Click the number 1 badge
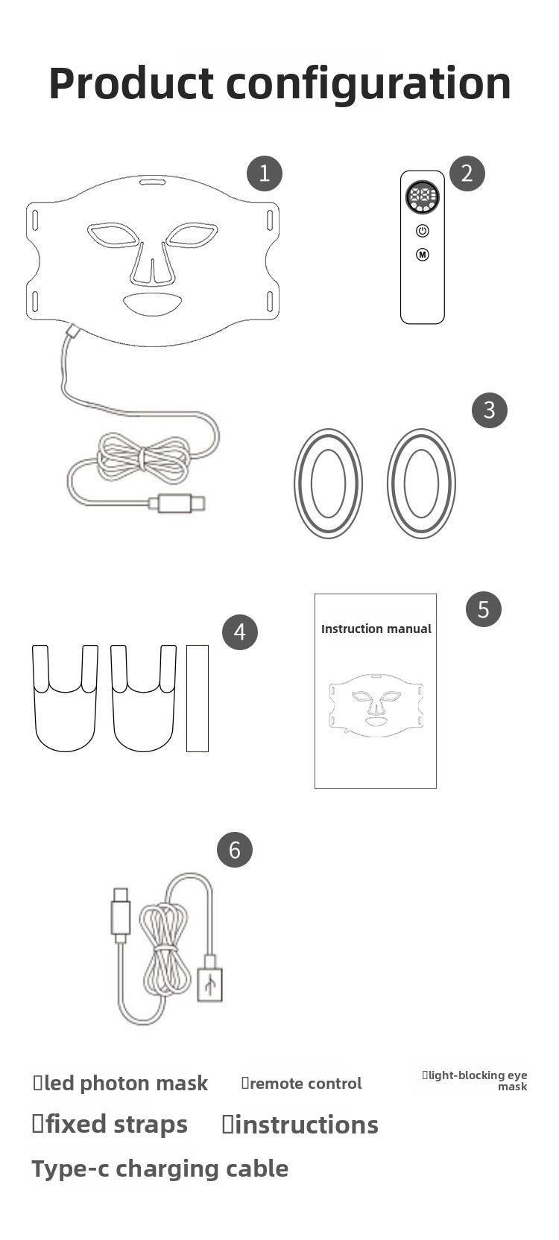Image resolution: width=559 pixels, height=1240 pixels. coord(265,174)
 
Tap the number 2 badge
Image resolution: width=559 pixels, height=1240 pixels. coord(467,174)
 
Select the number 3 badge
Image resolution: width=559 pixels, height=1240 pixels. coord(489,410)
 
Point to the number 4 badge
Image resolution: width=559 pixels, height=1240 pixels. coord(240,632)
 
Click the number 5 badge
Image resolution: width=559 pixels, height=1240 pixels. coord(484,609)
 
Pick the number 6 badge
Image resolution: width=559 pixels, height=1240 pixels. coord(234,850)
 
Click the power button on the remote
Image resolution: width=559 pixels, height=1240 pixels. coord(423,231)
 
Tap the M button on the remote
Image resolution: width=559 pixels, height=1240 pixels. coord(423,255)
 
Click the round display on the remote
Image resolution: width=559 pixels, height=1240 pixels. coord(422,197)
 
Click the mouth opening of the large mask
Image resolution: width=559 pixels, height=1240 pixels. coord(152,304)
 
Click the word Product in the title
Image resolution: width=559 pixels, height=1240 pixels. coord(131,83)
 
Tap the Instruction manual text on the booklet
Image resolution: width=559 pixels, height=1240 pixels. coord(376,629)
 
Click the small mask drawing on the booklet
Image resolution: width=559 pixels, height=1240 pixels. coord(376,705)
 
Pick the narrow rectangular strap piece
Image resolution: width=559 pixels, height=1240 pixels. coord(198,698)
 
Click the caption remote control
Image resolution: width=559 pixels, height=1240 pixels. coord(301,1084)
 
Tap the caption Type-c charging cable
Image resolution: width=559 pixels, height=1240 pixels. coord(160,1170)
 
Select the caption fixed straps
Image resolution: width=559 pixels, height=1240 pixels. coord(110,1125)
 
